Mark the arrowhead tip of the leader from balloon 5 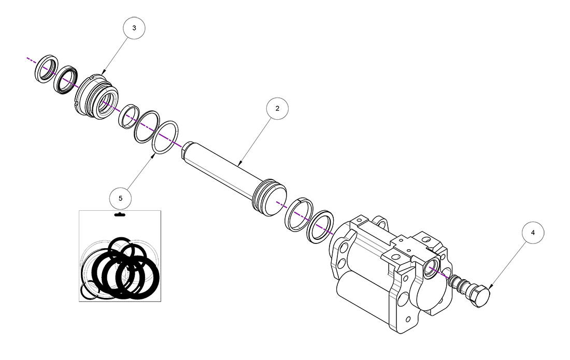point(154,154)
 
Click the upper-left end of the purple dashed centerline point(27,57)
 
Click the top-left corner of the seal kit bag point(79,211)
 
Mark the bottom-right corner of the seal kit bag point(161,301)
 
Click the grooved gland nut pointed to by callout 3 point(96,96)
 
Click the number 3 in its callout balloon point(134,28)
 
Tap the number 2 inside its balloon point(277,108)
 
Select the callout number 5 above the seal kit point(121,198)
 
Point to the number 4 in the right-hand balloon point(533,233)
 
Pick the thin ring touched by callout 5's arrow point(165,138)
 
